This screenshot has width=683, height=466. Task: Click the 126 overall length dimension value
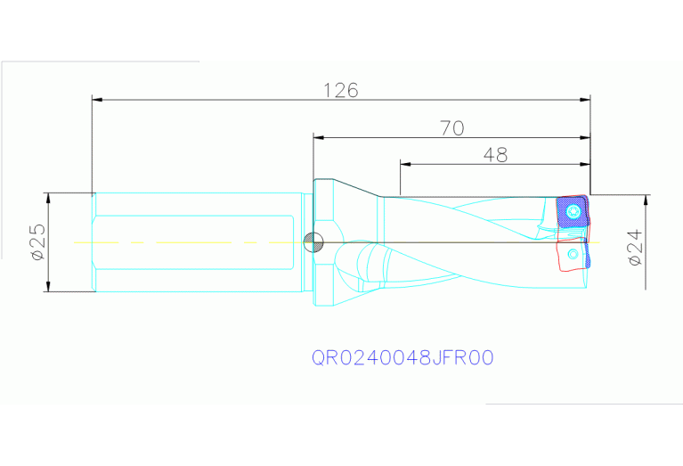point(340,90)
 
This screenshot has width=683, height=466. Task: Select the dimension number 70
point(452,128)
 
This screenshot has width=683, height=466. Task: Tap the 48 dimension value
point(495,155)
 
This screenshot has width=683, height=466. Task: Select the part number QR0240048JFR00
point(402,357)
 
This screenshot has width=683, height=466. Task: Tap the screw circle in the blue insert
point(573,212)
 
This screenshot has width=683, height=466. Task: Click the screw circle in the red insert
point(573,255)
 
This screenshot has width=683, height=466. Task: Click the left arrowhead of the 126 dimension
point(97,99)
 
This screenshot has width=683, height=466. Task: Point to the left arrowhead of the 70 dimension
point(318,137)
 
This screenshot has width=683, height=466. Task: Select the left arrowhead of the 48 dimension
point(405,164)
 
